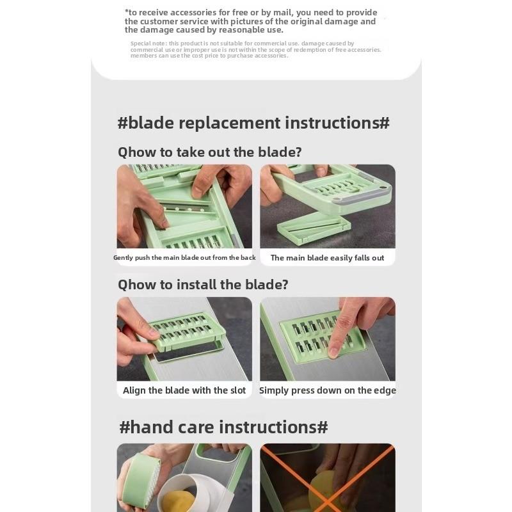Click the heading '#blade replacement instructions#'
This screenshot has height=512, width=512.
pos(253,123)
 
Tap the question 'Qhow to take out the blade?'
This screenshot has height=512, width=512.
pos(209,152)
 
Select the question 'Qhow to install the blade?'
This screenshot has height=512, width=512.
pos(203,285)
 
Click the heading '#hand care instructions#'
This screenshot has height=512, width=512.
pos(223,427)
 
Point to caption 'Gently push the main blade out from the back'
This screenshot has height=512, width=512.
pos(184,258)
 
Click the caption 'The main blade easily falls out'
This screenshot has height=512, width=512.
pos(327,258)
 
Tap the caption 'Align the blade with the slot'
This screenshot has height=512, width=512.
pos(184,390)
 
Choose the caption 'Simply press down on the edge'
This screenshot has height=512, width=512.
pos(327,390)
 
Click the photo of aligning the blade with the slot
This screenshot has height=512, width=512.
pos(184,339)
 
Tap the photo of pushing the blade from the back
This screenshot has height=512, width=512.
pos(184,206)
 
